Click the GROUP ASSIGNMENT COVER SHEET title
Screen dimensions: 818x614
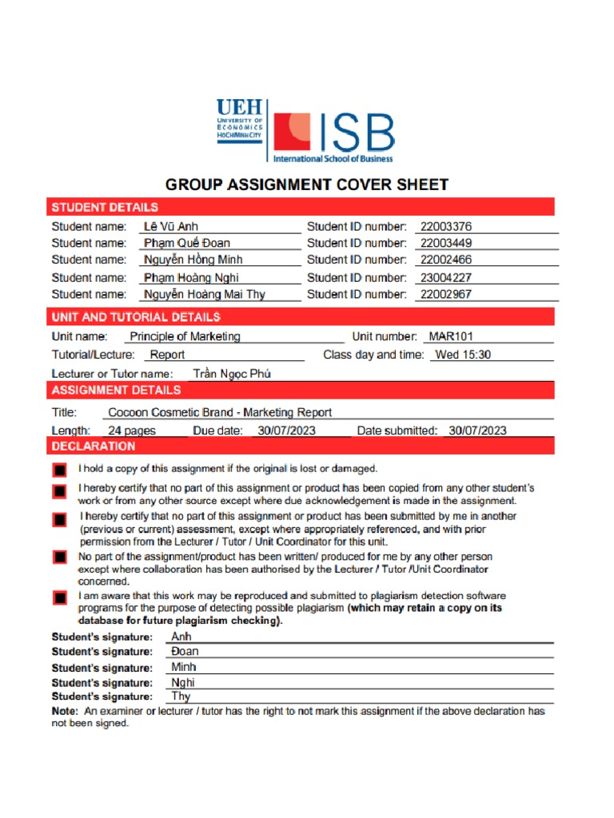(x=307, y=185)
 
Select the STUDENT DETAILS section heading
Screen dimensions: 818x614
(x=105, y=208)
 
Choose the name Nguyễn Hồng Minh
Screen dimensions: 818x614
(x=193, y=260)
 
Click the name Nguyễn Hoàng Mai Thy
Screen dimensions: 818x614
(x=205, y=294)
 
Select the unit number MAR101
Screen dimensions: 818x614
(x=452, y=336)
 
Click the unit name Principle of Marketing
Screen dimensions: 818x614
(x=185, y=336)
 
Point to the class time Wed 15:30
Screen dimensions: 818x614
(x=463, y=355)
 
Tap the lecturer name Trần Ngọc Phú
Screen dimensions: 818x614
(x=232, y=374)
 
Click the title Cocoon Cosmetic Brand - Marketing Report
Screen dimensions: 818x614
(x=220, y=413)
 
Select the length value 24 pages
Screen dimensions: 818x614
(x=132, y=431)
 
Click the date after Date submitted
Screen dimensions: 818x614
(x=477, y=431)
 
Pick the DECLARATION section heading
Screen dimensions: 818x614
(x=94, y=447)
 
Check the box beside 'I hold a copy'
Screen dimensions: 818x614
(x=59, y=471)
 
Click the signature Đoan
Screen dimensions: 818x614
(x=185, y=652)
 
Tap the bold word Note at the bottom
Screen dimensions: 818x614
(x=65, y=711)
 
